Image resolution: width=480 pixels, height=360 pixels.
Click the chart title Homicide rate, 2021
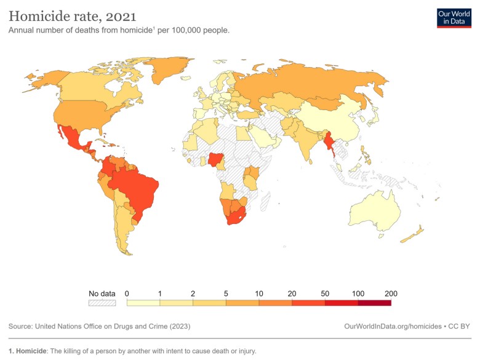(73, 15)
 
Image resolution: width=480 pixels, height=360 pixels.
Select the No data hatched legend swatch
(102, 302)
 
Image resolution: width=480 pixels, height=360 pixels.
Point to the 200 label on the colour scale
(391, 294)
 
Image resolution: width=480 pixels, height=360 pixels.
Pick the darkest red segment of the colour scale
(374, 302)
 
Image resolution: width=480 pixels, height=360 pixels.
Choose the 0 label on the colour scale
(127, 294)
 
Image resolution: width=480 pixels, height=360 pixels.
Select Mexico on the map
(72, 140)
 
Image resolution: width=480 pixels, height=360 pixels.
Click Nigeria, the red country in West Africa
(217, 160)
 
